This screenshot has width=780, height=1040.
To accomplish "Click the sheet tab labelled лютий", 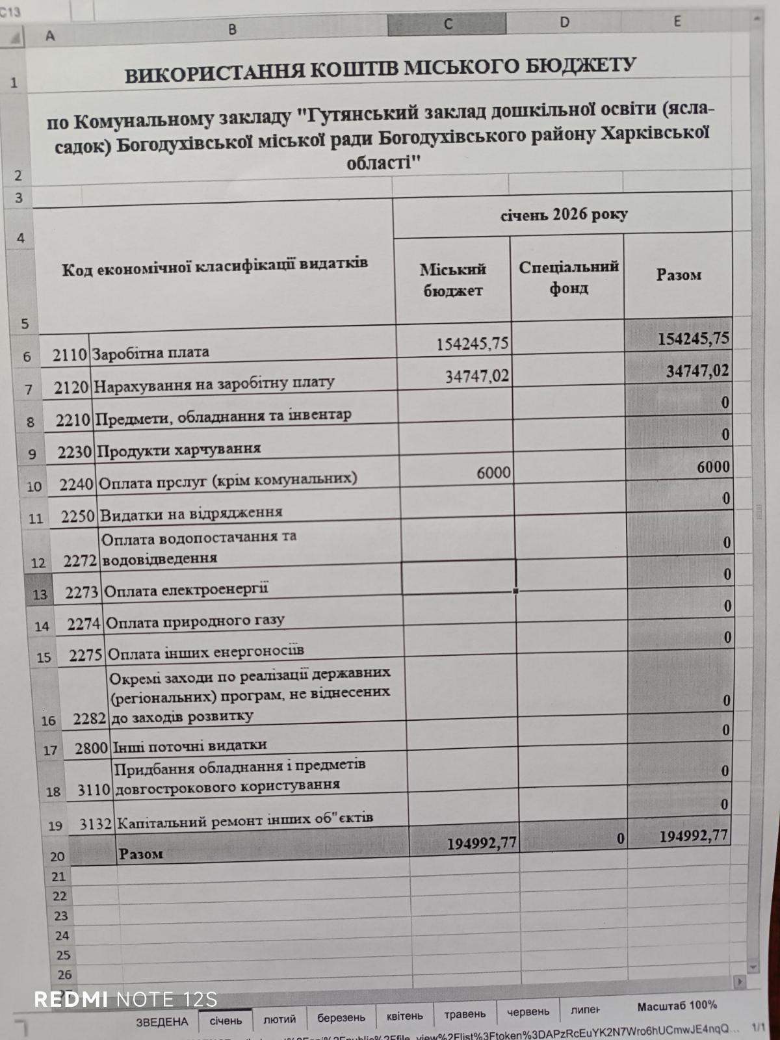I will (x=279, y=1019).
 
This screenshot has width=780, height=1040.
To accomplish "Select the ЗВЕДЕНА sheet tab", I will (x=162, y=1021).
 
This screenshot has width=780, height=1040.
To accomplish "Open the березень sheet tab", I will (x=341, y=1017).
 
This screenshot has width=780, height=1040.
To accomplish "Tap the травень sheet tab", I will (x=465, y=1014).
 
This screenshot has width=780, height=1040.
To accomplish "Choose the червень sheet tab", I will (x=528, y=1012).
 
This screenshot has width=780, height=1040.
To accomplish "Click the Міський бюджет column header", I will (x=453, y=279).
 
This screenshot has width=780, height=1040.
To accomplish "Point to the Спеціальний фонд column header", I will (x=568, y=277).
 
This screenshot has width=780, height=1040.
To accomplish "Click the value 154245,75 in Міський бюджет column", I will (x=473, y=343).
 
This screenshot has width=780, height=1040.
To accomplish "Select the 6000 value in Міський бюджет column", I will (x=493, y=473).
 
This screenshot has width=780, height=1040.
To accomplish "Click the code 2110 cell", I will (x=70, y=355).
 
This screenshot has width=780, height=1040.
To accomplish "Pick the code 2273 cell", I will (x=81, y=592).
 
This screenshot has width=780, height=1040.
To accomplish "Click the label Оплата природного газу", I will (x=195, y=621).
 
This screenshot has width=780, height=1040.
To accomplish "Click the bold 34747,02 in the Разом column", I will (x=697, y=371).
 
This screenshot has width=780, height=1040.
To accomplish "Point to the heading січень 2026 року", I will (x=564, y=214).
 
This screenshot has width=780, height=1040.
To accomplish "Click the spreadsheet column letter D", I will (x=564, y=23).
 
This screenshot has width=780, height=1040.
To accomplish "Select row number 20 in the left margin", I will (x=57, y=857).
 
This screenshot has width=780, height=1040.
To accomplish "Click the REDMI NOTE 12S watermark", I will (x=125, y=999).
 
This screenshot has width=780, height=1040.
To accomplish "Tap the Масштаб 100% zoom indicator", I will (x=677, y=1006).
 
